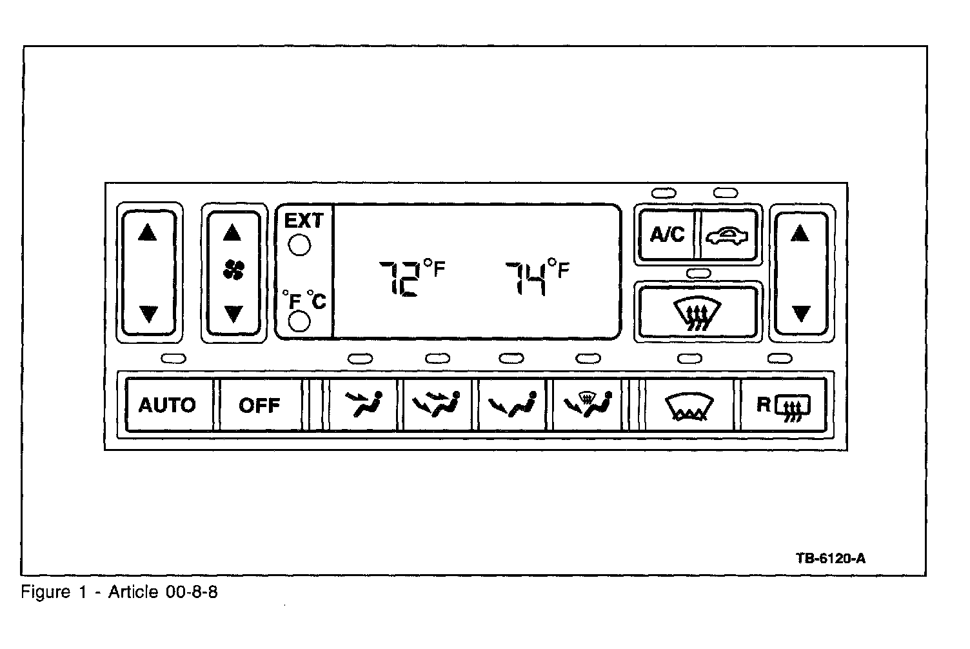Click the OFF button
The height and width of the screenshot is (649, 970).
point(259,406)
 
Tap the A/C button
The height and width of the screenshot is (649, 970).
point(666,234)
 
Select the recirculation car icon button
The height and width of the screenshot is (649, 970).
point(727,234)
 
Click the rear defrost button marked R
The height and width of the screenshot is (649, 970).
point(783,406)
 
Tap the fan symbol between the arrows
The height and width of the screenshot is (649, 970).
point(233,272)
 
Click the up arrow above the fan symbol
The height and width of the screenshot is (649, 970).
point(232,233)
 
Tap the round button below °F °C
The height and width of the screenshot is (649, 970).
point(299,321)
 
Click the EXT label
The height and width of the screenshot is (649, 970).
point(304,221)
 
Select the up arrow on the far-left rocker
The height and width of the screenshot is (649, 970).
point(148,232)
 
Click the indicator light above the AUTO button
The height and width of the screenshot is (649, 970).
point(172,358)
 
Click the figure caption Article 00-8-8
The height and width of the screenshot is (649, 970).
point(120,592)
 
